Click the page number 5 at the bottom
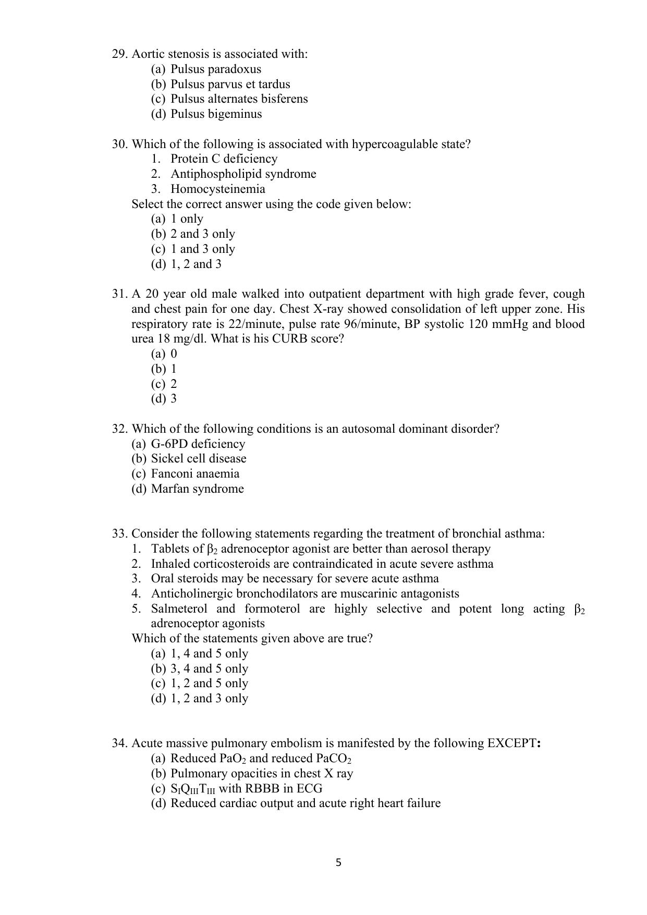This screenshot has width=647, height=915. tap(338, 863)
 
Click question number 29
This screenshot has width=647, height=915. tap(120, 54)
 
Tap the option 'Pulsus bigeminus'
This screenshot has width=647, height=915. tap(216, 114)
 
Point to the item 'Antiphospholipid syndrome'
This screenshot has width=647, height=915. tap(243, 174)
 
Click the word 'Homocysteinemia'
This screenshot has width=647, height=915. tap(217, 189)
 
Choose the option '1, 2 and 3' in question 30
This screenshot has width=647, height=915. tap(196, 264)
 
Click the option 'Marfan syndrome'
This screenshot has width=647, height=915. tap(197, 489)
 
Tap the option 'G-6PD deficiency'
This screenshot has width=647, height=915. tap(198, 444)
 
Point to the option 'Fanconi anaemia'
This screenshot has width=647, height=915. tap(195, 474)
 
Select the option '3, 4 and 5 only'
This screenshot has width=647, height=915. tap(209, 669)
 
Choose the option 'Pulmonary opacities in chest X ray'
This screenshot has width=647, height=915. tap(261, 774)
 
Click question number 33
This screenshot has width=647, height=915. tap(120, 534)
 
